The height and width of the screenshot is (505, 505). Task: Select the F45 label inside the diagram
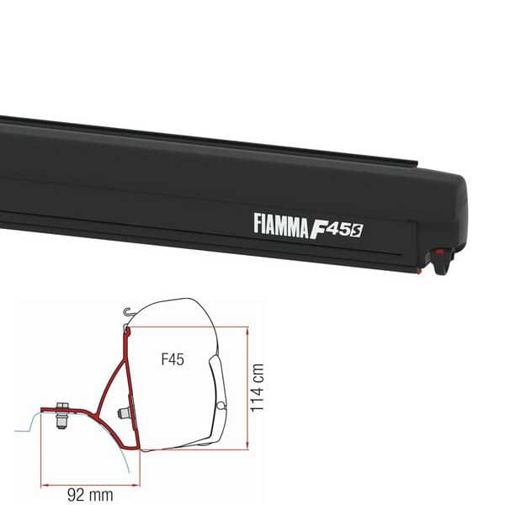pyautogui.click(x=173, y=359)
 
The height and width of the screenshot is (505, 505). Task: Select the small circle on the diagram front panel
pyautogui.click(x=221, y=406)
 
